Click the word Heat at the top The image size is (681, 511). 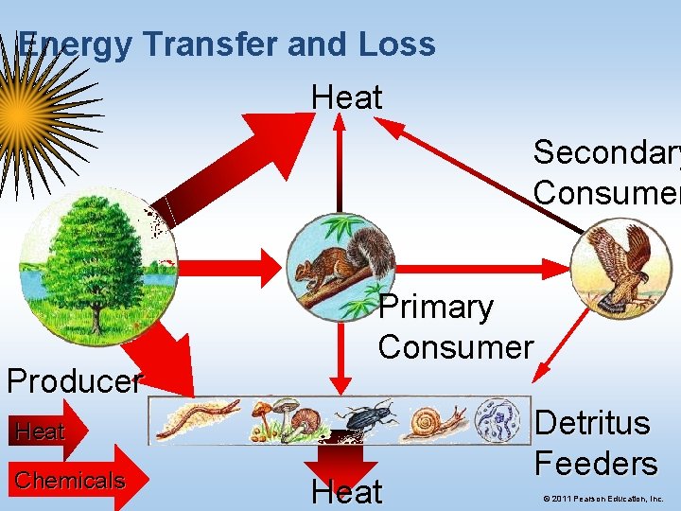[x=347, y=97]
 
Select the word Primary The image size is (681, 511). [x=436, y=308]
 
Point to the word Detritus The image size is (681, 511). [x=593, y=423]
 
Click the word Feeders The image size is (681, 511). [x=596, y=464]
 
